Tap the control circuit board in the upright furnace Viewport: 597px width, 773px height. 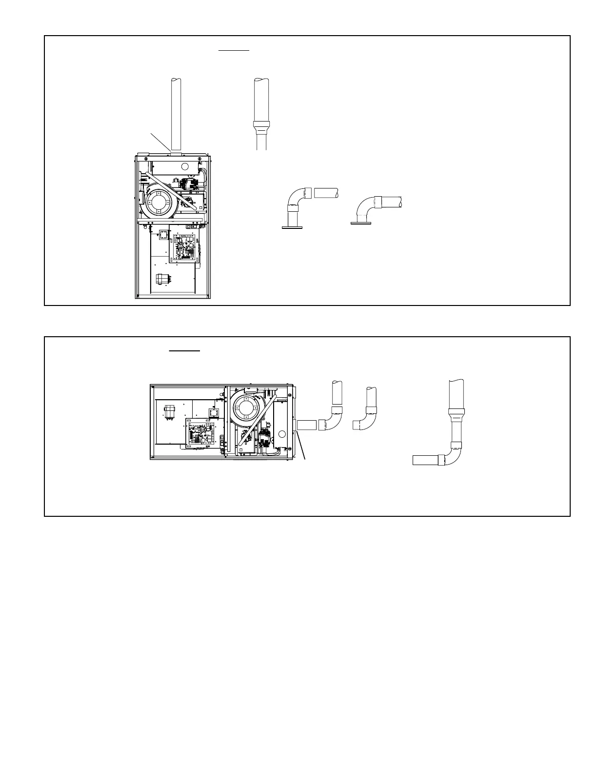[183, 244]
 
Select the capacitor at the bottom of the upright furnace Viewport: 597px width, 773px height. [160, 280]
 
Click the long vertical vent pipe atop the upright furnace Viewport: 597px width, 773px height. [176, 112]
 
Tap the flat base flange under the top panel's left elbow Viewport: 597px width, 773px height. [292, 227]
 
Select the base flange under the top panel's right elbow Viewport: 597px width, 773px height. [361, 224]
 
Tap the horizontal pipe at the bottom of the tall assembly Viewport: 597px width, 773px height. [426, 460]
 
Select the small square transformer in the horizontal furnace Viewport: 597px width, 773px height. [213, 413]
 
